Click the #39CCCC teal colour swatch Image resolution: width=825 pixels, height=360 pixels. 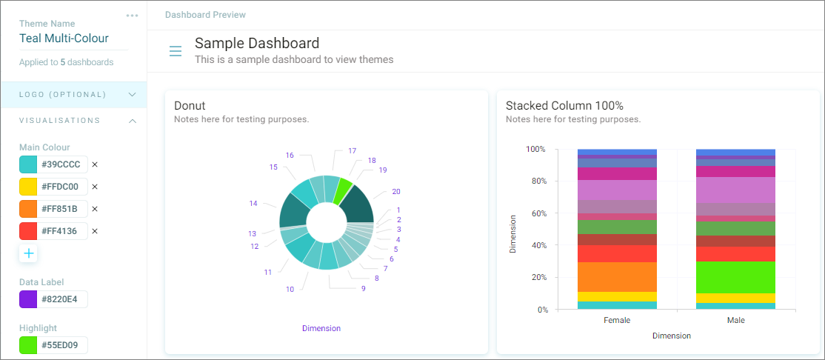[28, 164]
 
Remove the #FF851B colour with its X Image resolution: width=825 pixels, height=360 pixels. [95, 209]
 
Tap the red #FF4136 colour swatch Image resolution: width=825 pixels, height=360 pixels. [28, 231]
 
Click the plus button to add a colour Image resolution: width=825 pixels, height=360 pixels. [28, 253]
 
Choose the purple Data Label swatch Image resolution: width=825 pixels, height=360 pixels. [28, 299]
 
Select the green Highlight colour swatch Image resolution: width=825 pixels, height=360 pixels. [28, 345]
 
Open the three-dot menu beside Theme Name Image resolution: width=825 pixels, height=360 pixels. [132, 16]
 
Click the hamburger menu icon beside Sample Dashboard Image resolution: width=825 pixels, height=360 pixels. [176, 51]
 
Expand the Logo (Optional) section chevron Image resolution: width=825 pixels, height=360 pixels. [133, 95]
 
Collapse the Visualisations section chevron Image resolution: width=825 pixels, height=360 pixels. [133, 121]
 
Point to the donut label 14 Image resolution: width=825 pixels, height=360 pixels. [253, 203]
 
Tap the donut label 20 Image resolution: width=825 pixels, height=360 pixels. [397, 192]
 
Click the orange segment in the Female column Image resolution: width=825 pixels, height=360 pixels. [617, 277]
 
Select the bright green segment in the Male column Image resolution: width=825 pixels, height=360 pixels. [735, 277]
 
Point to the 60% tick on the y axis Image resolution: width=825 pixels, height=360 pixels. [536, 213]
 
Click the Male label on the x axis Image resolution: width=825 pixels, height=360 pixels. [735, 320]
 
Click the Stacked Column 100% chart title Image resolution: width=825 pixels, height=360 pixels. [564, 105]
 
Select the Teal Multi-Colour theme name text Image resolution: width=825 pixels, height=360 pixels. [64, 38]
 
